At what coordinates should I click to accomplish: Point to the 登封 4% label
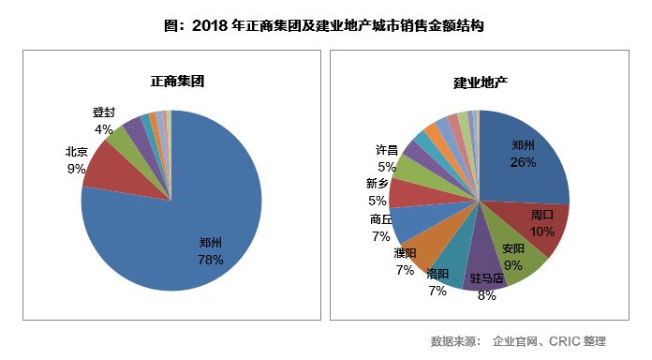point(103,121)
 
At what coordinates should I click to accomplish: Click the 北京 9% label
point(76,159)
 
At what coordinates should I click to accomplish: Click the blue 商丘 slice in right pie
point(408,221)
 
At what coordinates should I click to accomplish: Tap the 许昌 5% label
point(386,157)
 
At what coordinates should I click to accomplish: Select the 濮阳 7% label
point(405,262)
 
